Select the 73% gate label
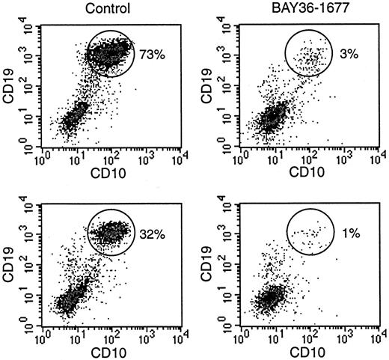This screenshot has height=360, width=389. [x=150, y=54]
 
